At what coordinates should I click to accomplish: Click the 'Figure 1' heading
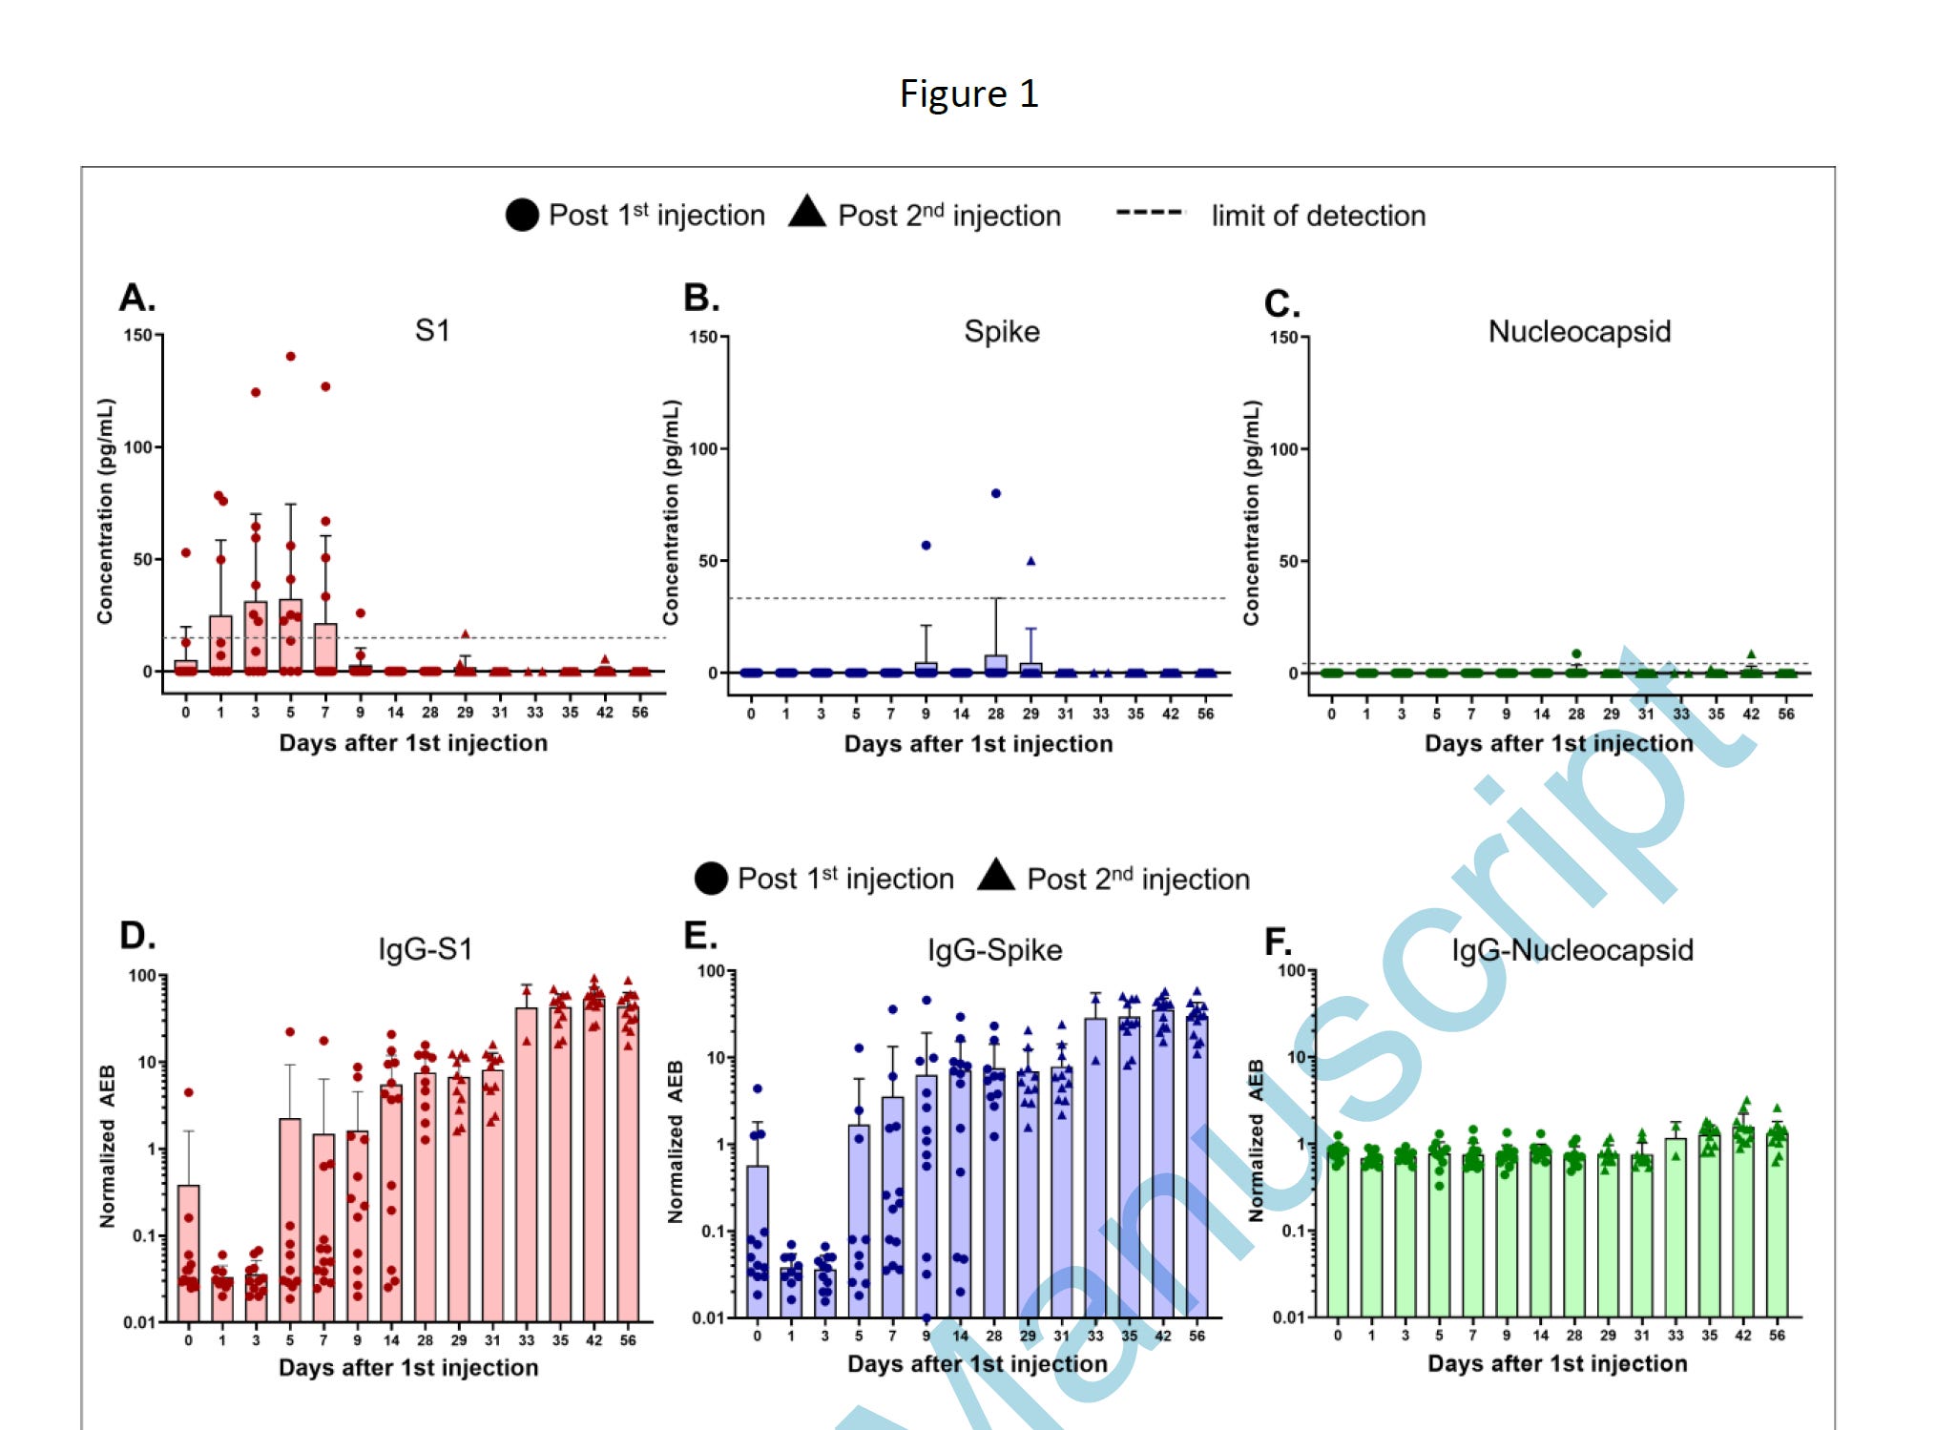tap(968, 93)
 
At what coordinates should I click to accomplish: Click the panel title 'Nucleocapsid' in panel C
tap(1579, 331)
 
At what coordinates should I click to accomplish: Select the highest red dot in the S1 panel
tap(291, 356)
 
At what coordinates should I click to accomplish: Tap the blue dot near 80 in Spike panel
tap(995, 493)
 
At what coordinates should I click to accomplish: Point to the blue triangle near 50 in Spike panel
tap(1030, 561)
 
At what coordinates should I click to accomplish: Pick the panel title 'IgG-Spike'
tap(994, 949)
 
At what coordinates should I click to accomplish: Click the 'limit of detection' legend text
tap(1318, 216)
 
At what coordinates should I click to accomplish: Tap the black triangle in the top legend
tap(807, 212)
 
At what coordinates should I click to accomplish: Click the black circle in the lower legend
tap(711, 878)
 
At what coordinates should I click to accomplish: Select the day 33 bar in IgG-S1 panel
tap(527, 1164)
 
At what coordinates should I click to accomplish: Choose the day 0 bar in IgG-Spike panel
tap(758, 1240)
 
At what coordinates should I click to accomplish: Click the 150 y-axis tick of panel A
tap(137, 335)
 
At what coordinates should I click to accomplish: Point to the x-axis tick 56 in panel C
tap(1785, 714)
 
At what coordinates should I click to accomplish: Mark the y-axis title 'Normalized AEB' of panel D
tap(107, 1145)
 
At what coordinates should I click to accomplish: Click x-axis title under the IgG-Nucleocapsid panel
tap(1556, 1363)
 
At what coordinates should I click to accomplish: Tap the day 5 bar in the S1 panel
tap(291, 635)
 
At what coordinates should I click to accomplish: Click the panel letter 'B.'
tap(701, 298)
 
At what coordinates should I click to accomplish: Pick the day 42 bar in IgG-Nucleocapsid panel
tap(1742, 1221)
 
